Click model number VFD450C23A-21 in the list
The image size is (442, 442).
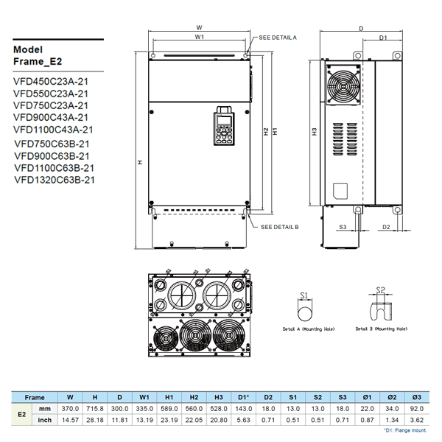(x=51, y=82)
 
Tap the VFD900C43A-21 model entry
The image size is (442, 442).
(x=51, y=117)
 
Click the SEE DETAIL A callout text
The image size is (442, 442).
(x=278, y=36)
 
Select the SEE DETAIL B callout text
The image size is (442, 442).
(x=278, y=228)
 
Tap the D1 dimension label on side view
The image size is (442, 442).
(x=384, y=37)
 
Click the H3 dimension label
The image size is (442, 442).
(x=314, y=132)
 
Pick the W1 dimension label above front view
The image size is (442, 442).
(x=200, y=36)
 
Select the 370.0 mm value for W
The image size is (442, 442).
(x=70, y=407)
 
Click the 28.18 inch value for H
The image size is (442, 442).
(x=95, y=419)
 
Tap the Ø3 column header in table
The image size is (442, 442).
(x=417, y=396)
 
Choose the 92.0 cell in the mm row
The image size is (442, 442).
(x=417, y=407)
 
